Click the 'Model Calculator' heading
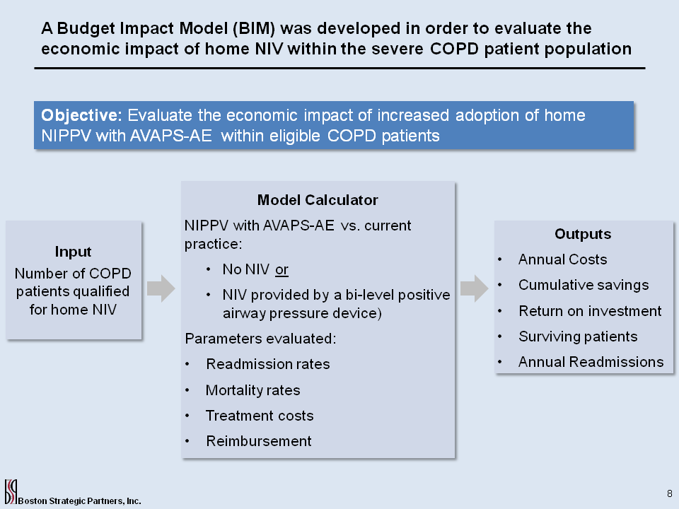pos(318,200)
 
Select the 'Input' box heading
pos(73,252)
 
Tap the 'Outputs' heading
pos(583,234)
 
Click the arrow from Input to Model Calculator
pos(161,288)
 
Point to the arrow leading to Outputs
pos(474,288)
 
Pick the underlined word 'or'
pos(282,269)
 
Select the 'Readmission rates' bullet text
pos(268,364)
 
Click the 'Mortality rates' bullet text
pos(253,390)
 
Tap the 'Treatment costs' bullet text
pos(260,416)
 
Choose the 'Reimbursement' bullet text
pos(259,441)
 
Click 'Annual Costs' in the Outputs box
pos(562,259)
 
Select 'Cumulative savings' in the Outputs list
pos(584,285)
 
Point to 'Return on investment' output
pos(590,311)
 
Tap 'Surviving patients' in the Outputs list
pos(578,337)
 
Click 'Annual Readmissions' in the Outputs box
pos(591,362)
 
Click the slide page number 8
pos(670,493)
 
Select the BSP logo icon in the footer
pos(11,492)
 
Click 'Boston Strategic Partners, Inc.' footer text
pos(80,501)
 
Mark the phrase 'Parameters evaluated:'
pos(260,339)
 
